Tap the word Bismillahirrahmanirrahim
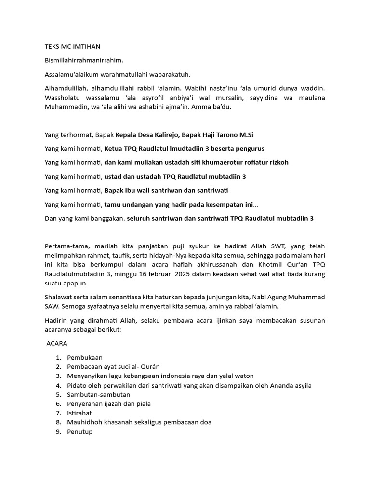(84, 60)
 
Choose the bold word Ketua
(114, 149)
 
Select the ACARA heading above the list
(57, 344)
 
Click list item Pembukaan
(85, 358)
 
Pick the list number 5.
(58, 395)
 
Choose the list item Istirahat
(80, 413)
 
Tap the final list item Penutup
(80, 432)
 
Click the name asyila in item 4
(300, 385)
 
